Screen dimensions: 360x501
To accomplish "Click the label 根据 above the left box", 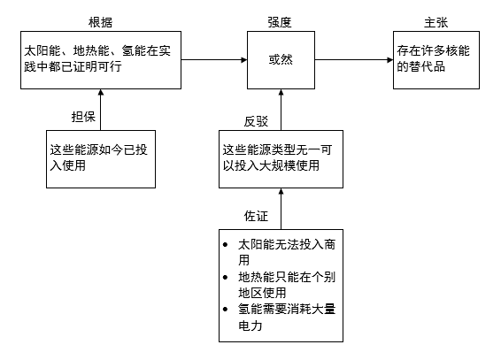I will click(x=101, y=21).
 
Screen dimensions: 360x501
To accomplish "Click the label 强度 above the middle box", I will click(x=279, y=21).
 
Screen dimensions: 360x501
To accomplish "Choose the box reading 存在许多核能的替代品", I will click(x=437, y=60).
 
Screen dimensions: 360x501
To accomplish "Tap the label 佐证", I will click(x=255, y=215).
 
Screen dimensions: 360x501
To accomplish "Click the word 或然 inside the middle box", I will click(x=279, y=60).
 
